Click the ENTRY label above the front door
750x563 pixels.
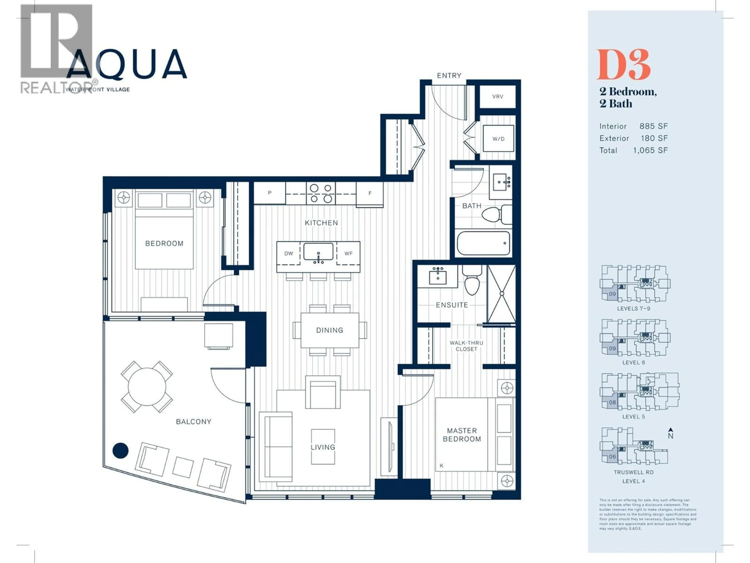449,75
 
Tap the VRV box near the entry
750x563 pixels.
497,96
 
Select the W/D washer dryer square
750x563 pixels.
498,138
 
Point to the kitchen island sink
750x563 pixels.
318,252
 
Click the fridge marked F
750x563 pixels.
370,194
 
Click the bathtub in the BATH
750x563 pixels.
483,243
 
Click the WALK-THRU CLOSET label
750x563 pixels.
466,346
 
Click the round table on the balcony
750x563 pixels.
147,386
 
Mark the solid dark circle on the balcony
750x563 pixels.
120,450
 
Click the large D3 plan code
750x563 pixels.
623,65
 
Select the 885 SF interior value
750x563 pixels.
653,126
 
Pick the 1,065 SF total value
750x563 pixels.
650,150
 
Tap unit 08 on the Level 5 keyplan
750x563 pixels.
612,403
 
